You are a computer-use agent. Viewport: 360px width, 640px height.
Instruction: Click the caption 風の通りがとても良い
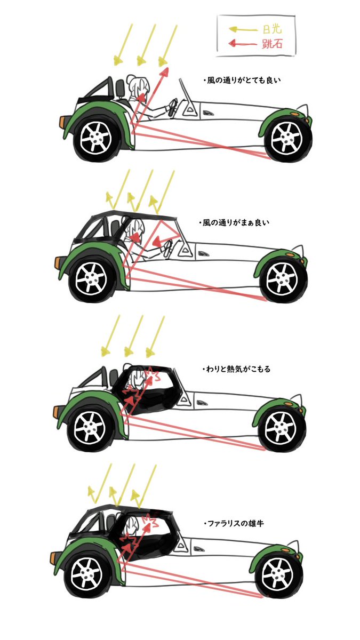click(242, 80)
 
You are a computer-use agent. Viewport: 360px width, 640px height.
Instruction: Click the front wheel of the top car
click(287, 138)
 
